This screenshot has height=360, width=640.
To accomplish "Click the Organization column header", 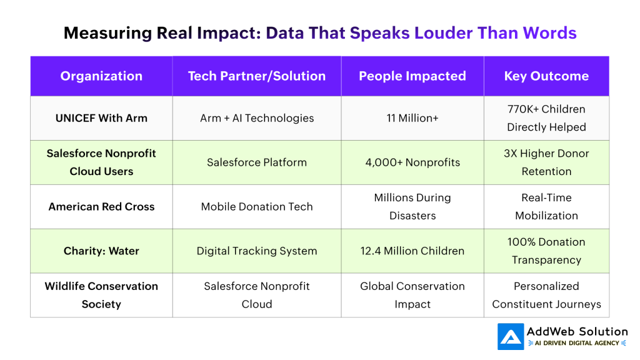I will click(x=101, y=76).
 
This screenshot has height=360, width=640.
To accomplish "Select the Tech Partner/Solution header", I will click(x=257, y=76).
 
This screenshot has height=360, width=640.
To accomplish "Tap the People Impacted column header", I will click(x=412, y=76).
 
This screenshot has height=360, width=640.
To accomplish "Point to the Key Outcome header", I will click(x=546, y=76).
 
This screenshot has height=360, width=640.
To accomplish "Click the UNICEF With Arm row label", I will click(x=101, y=118).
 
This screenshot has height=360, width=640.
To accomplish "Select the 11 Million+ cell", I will click(x=412, y=118).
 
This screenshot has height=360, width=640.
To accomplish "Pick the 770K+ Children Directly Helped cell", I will click(x=546, y=118).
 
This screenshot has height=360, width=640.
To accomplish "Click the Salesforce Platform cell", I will click(x=257, y=162).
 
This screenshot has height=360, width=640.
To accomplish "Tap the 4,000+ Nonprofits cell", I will click(x=412, y=162).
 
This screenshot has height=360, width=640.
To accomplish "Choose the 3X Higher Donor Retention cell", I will click(x=546, y=162).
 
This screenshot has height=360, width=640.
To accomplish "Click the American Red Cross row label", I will click(x=101, y=207).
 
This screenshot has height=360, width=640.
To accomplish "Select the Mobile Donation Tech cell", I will click(x=257, y=207).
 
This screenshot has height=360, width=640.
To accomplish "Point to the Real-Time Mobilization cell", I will click(x=546, y=207).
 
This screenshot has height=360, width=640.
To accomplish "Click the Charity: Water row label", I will click(x=101, y=251).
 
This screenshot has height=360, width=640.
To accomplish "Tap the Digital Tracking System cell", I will click(x=257, y=251).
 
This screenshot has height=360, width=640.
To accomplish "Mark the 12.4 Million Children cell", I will click(x=412, y=251).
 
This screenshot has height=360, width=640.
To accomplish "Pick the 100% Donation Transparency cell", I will click(x=546, y=251).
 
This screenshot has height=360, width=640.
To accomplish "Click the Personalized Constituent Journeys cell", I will click(x=546, y=295).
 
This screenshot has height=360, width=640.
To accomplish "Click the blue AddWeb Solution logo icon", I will click(x=511, y=337).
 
